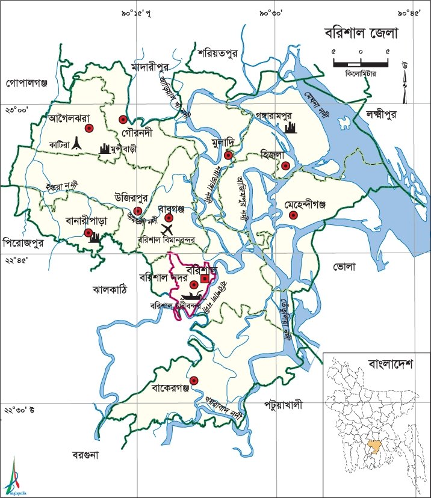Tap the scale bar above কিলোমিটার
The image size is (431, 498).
360,61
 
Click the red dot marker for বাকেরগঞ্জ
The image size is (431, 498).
194,380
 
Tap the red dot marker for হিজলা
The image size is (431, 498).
285,165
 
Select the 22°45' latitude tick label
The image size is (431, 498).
17,260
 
